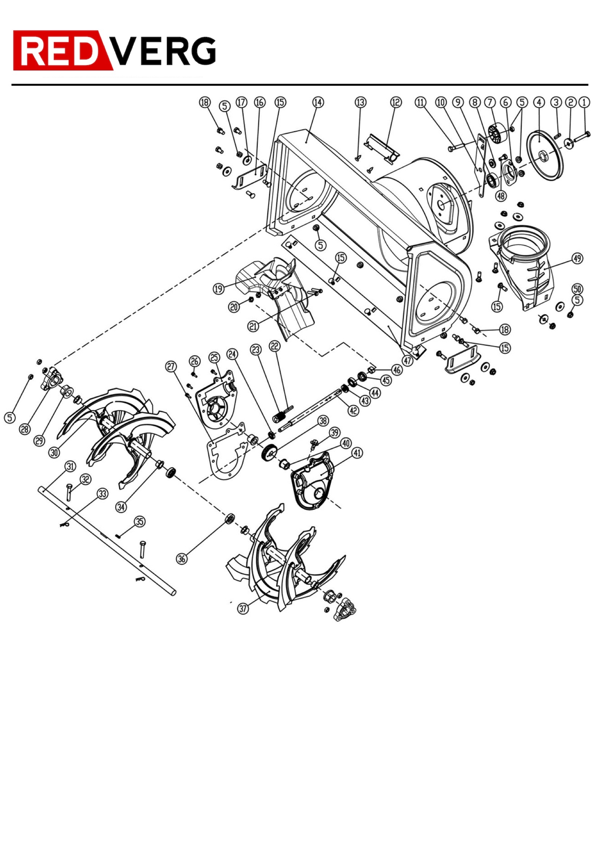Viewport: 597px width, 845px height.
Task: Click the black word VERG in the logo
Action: pyautogui.click(x=163, y=51)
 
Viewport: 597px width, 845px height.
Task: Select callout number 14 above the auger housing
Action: pyautogui.click(x=318, y=102)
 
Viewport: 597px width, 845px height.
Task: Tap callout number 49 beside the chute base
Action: pyautogui.click(x=577, y=258)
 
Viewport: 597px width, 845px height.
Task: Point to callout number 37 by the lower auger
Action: pyautogui.click(x=243, y=608)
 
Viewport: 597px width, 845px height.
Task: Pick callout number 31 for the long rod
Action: pyautogui.click(x=70, y=466)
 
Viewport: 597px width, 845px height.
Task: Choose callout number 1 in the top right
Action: pyautogui.click(x=584, y=102)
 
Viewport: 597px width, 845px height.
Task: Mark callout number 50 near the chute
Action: pyautogui.click(x=577, y=288)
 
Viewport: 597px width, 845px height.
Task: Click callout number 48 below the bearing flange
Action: pyautogui.click(x=501, y=196)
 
